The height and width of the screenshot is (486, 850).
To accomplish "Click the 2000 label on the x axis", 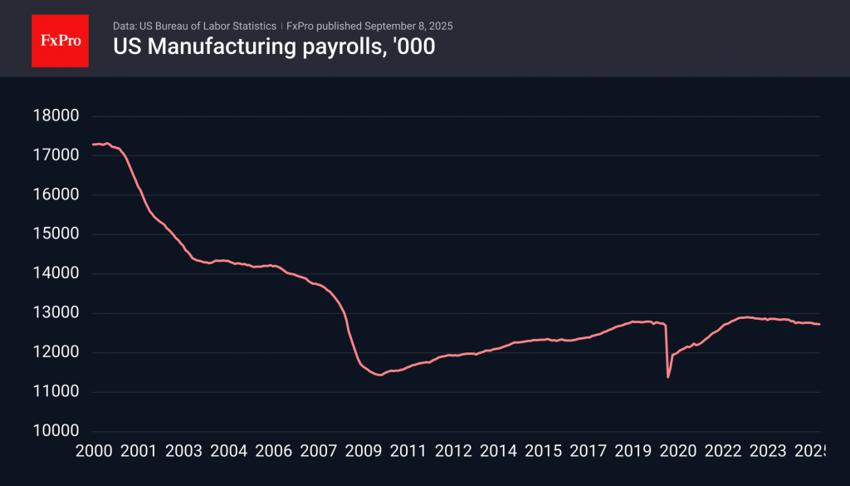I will [x=93, y=451].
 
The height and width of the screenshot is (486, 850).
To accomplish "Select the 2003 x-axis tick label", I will [x=183, y=451].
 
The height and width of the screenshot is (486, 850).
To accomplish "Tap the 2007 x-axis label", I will [x=318, y=451].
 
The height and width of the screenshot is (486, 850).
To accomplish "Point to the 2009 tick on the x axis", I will [x=363, y=451].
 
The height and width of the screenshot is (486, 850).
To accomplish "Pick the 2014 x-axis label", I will [x=498, y=451].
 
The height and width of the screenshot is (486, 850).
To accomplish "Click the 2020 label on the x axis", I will [x=677, y=451].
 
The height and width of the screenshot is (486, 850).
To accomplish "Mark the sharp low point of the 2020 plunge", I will [x=668, y=377].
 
